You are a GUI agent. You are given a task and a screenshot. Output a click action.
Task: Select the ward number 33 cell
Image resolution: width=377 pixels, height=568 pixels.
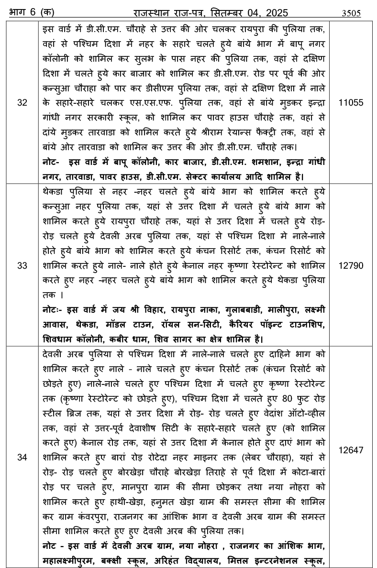[x=22, y=266]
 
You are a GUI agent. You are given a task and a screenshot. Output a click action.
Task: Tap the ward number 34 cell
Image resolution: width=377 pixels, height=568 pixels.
[x=22, y=457]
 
